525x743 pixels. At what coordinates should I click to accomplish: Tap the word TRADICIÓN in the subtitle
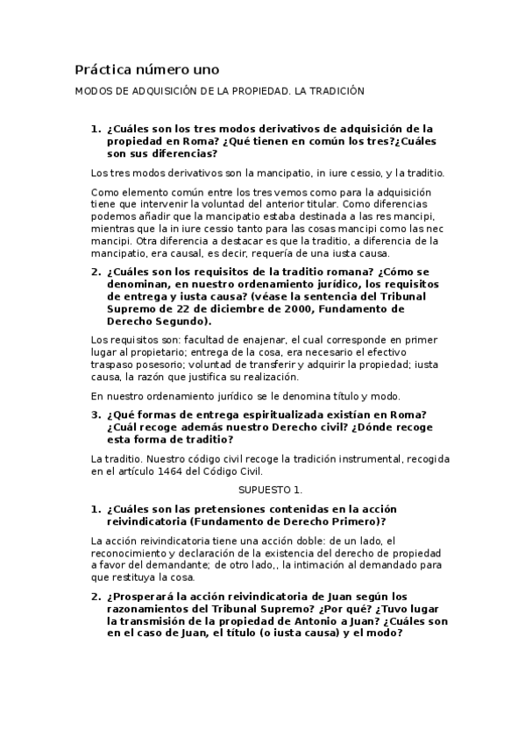(x=334, y=91)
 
